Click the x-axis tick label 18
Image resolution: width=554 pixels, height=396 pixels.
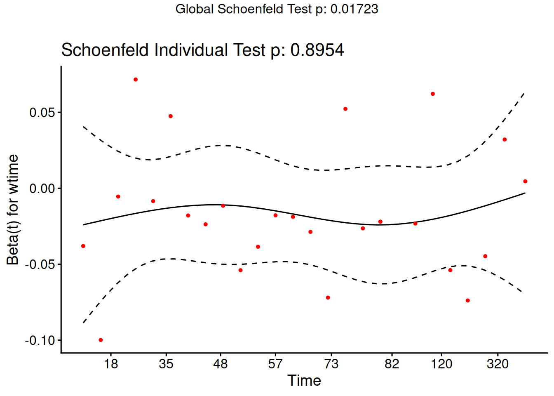111,364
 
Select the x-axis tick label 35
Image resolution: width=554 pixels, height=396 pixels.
166,364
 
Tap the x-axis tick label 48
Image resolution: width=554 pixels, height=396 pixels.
221,364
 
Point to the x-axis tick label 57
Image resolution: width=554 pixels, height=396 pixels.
275,364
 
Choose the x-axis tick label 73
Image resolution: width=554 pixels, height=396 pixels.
331,364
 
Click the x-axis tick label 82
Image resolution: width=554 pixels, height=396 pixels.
392,364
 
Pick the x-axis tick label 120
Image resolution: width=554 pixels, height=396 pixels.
441,364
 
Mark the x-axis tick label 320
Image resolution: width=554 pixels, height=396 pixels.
498,364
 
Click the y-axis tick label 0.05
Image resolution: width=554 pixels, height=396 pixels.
42,112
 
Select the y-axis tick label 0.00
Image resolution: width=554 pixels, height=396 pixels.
42,189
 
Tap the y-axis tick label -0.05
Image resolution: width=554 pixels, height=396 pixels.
40,264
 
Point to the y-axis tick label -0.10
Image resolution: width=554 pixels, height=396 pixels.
40,340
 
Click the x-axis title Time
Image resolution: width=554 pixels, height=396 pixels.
304,381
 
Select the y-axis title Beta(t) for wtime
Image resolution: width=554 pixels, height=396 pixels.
13,210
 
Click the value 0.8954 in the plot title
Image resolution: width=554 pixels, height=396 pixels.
317,50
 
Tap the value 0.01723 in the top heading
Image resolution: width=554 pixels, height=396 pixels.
354,9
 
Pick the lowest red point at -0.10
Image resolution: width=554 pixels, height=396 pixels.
101,340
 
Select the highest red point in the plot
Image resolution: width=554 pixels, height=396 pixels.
136,79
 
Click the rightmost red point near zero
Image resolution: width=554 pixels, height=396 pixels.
525,181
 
